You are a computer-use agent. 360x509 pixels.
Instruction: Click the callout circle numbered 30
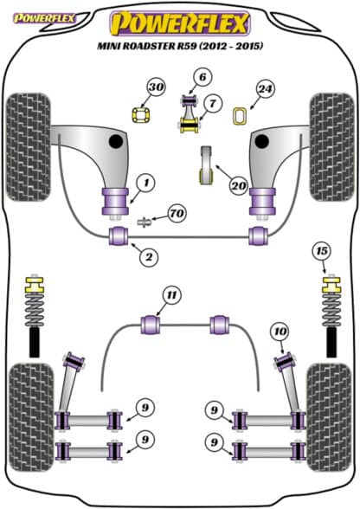[157, 87]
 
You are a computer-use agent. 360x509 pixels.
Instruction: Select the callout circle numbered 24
[265, 88]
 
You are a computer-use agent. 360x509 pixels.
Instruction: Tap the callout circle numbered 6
[202, 77]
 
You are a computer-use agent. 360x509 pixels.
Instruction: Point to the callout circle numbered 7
[212, 104]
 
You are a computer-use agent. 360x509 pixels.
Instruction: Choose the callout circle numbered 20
[239, 185]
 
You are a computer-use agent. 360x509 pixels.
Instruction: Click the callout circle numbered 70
[177, 214]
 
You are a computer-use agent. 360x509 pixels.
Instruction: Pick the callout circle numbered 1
[146, 184]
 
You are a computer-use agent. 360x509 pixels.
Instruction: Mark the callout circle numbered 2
[149, 257]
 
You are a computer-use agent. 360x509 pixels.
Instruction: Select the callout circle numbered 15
[321, 251]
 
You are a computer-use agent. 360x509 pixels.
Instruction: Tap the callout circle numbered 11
[171, 295]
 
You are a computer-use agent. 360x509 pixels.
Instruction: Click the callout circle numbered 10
[280, 332]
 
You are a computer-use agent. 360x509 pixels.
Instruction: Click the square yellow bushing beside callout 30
[142, 115]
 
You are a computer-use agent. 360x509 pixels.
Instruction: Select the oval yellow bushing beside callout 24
[241, 116]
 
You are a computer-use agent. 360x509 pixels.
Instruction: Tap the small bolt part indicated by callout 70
[145, 222]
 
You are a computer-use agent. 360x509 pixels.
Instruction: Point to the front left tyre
[29, 147]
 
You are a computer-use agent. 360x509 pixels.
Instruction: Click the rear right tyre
[329, 417]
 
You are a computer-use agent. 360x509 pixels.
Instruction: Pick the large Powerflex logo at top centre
[180, 23]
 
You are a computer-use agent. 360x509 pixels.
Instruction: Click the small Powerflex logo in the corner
[44, 18]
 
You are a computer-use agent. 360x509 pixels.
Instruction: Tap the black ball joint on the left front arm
[116, 141]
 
